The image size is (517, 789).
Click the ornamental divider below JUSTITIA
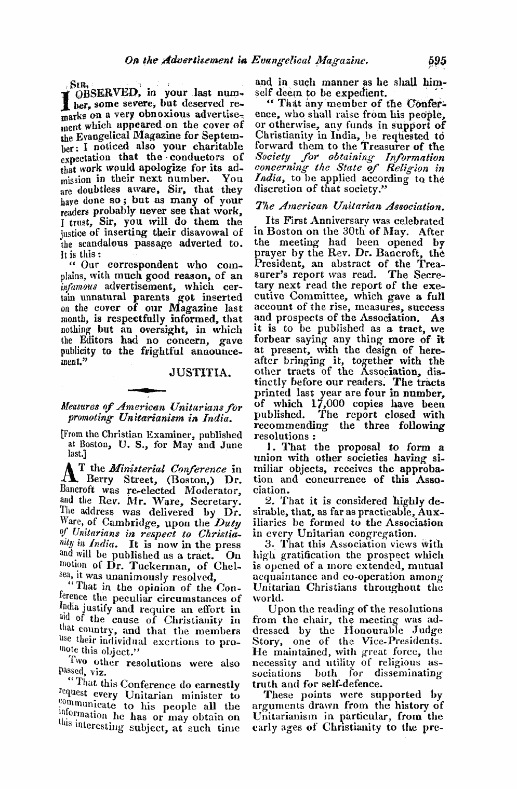click(150, 389)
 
